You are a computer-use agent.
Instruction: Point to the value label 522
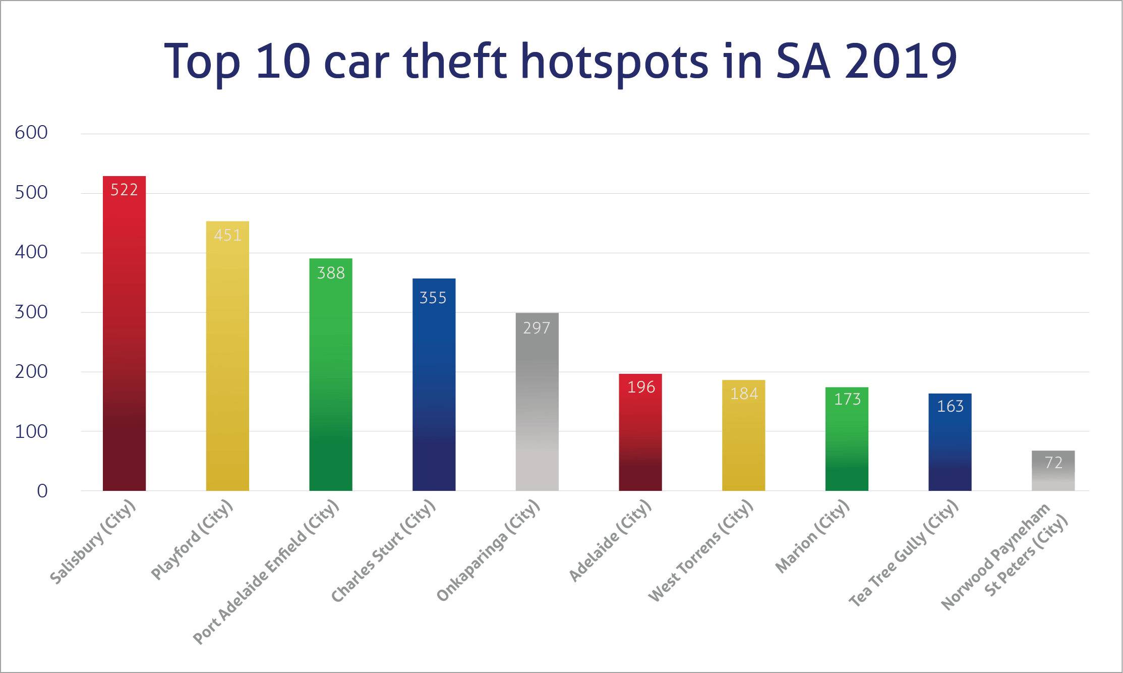[x=124, y=190]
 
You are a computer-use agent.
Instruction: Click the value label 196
[x=641, y=387]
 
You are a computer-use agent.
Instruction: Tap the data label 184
[x=744, y=394]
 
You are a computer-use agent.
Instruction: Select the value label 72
[x=1053, y=463]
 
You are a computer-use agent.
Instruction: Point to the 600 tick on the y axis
[x=31, y=133]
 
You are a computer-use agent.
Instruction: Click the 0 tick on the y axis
[x=42, y=491]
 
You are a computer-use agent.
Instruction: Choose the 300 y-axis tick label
[x=31, y=312]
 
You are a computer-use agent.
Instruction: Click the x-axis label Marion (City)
[x=812, y=536]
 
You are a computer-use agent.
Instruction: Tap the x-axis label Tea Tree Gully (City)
[x=903, y=553]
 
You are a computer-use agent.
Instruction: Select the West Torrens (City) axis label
[x=701, y=550]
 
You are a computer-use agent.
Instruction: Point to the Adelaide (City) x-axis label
[x=610, y=540]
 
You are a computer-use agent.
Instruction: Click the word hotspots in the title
[x=614, y=63]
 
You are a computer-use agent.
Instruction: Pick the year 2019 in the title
[x=901, y=62]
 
